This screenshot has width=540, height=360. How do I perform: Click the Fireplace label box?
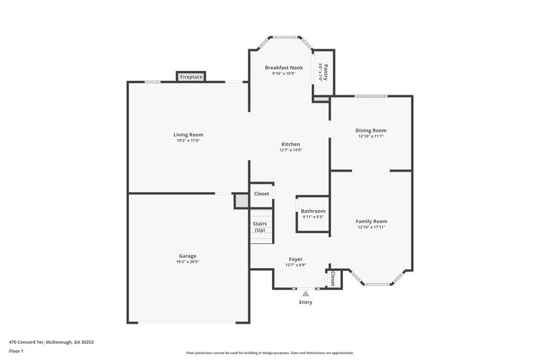point(191,78)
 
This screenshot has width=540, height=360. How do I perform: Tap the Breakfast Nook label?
point(283,68)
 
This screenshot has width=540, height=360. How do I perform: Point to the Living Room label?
point(188,134)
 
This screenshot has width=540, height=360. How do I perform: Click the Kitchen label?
point(291,144)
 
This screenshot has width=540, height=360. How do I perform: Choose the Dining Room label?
point(371,130)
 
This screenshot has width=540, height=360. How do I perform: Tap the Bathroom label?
point(313,211)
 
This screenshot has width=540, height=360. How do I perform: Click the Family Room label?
point(371,221)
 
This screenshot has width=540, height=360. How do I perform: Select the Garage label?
point(188,256)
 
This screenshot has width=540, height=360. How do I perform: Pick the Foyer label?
point(296,259)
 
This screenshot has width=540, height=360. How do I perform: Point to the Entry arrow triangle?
point(306,294)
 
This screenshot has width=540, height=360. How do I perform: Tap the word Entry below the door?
point(306,302)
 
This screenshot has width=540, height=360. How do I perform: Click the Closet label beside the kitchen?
point(261,194)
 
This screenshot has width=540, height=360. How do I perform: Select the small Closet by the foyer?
point(333,278)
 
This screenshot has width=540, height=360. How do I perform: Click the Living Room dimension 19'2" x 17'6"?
point(188,140)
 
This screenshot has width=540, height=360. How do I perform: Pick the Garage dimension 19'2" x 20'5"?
point(188,262)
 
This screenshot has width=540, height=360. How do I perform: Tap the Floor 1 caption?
point(16,352)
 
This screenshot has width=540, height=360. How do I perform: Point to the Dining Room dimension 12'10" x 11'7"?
point(371,136)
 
